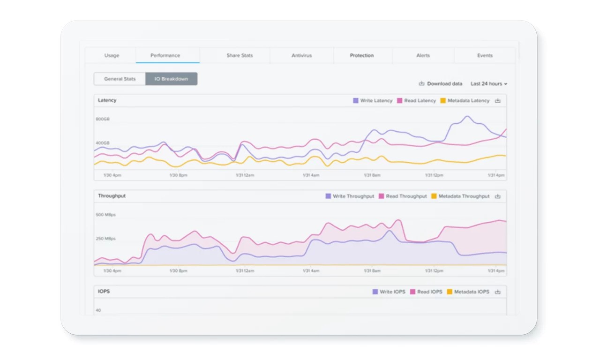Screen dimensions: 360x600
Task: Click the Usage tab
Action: pyautogui.click(x=112, y=55)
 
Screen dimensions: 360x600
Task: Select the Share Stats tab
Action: pyautogui.click(x=240, y=55)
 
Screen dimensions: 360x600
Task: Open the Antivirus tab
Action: pyautogui.click(x=302, y=55)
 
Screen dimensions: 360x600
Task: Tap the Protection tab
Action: pyautogui.click(x=362, y=55)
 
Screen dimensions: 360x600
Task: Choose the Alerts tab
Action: pyautogui.click(x=423, y=55)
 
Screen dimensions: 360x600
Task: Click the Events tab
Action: pyautogui.click(x=485, y=55)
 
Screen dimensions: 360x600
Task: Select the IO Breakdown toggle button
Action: pyautogui.click(x=171, y=79)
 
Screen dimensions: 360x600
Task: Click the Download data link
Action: pyautogui.click(x=441, y=84)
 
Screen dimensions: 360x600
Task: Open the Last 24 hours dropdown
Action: pyautogui.click(x=489, y=84)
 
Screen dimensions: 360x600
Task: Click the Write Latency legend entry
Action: pyautogui.click(x=373, y=101)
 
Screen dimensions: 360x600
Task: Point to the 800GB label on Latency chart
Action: pyautogui.click(x=103, y=119)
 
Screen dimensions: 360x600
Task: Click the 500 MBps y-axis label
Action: pyautogui.click(x=105, y=215)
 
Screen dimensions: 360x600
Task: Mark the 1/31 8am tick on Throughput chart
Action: pyautogui.click(x=373, y=271)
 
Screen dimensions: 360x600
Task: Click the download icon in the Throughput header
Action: pyautogui.click(x=498, y=196)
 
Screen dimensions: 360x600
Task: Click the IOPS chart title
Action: pyautogui.click(x=104, y=292)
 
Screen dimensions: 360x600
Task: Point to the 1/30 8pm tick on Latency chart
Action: pyautogui.click(x=178, y=175)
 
